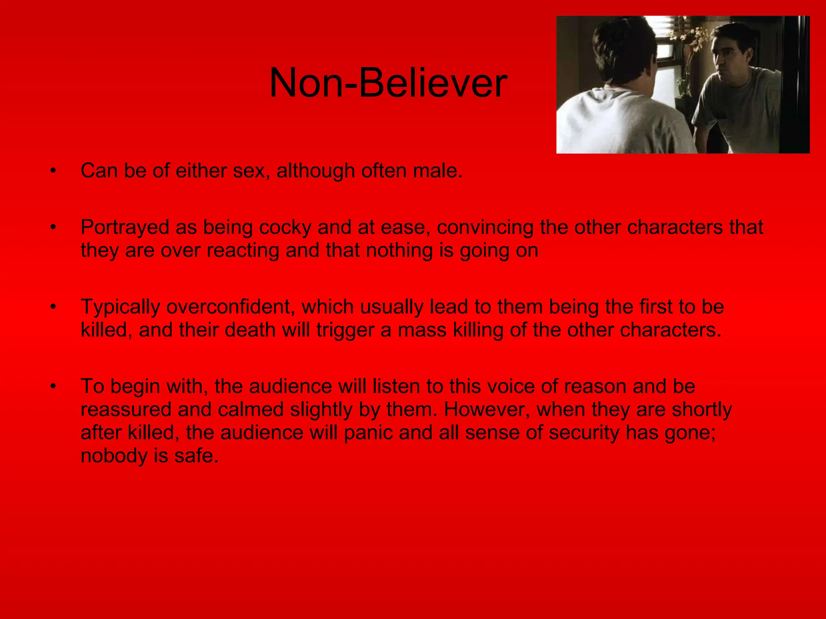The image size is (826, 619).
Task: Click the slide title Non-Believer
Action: pos(388,83)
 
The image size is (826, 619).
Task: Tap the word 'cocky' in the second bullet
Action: pos(285,227)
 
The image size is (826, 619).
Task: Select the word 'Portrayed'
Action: pos(125,227)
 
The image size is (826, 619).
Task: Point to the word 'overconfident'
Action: pos(228,307)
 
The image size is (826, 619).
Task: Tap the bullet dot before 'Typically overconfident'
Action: pos(53,307)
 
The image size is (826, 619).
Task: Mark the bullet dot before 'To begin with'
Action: pos(53,387)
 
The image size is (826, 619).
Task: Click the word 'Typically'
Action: pos(120,307)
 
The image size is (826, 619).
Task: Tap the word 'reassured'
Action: pos(126,410)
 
